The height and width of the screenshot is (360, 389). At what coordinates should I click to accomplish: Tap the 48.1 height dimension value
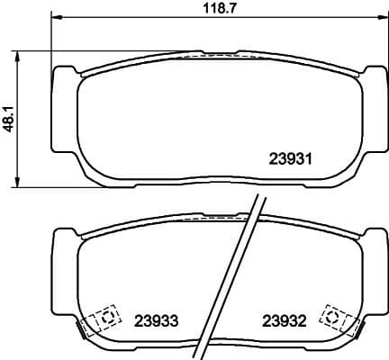[x=9, y=119]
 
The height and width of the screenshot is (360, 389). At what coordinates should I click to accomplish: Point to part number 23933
[x=155, y=319]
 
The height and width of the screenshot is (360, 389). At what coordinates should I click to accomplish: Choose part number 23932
[x=285, y=319]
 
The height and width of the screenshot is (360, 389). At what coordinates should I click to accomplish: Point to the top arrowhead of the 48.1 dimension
[x=20, y=53]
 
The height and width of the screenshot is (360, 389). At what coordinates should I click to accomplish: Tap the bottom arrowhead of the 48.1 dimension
[x=20, y=184]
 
